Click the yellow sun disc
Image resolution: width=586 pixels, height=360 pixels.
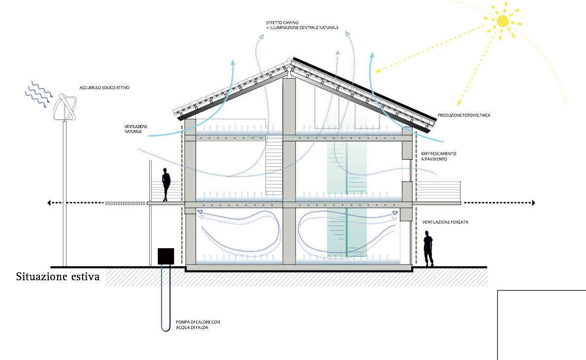[x=502, y=21]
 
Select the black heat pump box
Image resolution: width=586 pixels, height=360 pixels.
[x=166, y=256]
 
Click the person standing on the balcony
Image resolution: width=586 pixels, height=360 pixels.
[x=166, y=185]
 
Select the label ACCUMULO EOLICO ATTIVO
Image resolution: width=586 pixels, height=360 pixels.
[x=104, y=88]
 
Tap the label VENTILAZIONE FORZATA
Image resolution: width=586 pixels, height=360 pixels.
[x=445, y=222]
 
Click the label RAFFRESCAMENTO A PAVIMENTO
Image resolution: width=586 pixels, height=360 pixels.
[x=438, y=157]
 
